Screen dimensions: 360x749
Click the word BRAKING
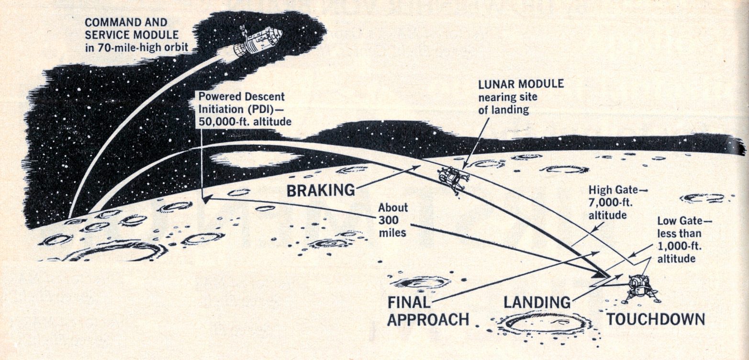point(321,191)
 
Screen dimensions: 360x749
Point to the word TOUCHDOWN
point(656,319)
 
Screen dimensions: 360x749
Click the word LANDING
point(537,302)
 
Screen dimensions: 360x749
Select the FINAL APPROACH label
point(427,311)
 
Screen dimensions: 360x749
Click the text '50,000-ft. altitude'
point(245,122)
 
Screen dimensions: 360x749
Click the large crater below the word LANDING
point(546,323)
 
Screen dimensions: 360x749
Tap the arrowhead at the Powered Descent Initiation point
point(204,199)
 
